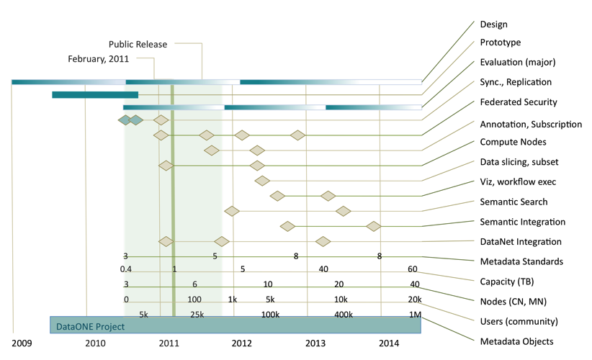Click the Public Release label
click(x=138, y=45)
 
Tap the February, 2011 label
click(x=98, y=59)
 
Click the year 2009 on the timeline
click(x=22, y=343)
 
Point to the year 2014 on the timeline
click(x=389, y=343)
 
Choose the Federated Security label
click(x=519, y=102)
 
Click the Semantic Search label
click(x=513, y=202)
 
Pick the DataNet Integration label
click(x=521, y=242)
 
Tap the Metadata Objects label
click(x=516, y=341)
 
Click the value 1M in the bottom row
click(x=415, y=315)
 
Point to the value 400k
click(x=343, y=315)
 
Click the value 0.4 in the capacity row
click(x=126, y=269)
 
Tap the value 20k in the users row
click(x=414, y=300)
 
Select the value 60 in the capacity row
click(x=412, y=269)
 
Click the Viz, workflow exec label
click(x=518, y=182)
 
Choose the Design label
click(x=494, y=24)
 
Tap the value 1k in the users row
click(x=233, y=300)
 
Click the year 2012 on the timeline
click(x=242, y=343)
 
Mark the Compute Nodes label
click(x=513, y=143)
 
